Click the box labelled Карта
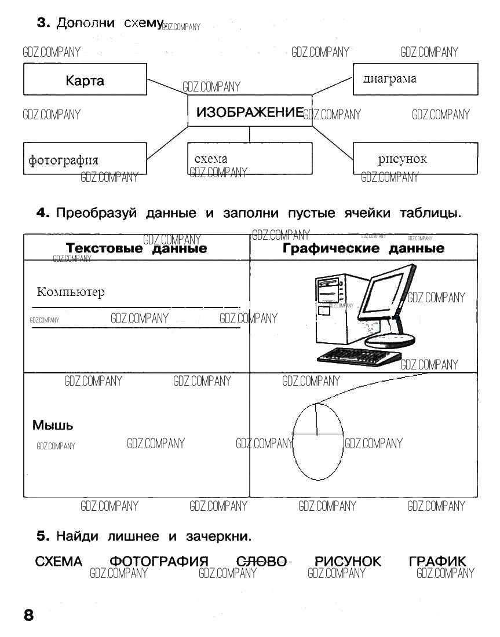pos(85,80)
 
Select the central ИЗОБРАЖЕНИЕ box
pos(249,112)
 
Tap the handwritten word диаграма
pos(389,79)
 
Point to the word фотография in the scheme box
pos(63,160)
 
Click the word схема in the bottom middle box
pos(211,158)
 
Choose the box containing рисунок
pos(415,159)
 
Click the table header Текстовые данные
pos(136,248)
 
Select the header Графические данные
pos(363,248)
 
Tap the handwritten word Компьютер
pos(71,291)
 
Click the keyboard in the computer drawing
pos(359,355)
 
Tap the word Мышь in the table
pos(53,426)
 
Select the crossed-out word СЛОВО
pos(262,561)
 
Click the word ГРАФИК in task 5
pos(437,561)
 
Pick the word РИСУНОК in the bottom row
pos(348,561)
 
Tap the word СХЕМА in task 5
pos(59,561)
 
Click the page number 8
pos(28,615)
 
